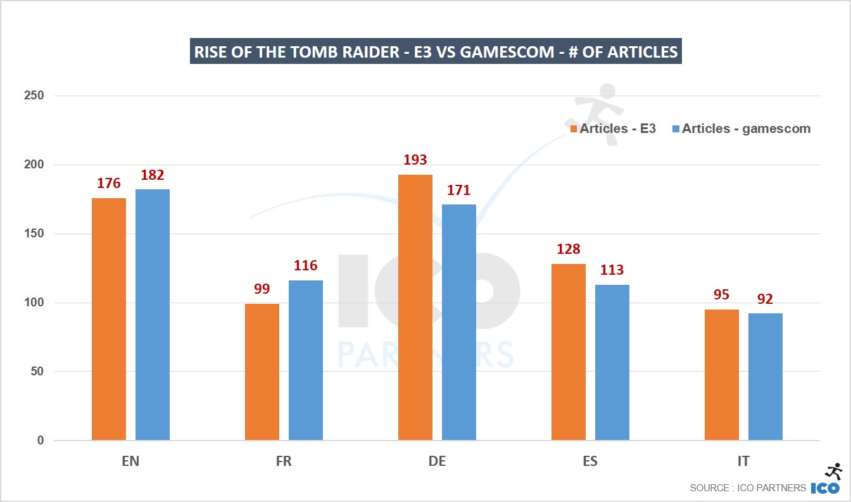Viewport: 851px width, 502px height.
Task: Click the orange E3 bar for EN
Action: click(x=109, y=319)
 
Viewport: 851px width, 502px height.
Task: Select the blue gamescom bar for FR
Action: click(x=306, y=360)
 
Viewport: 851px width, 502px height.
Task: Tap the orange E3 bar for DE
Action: click(x=415, y=307)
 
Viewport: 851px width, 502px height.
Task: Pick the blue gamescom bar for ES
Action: click(x=612, y=362)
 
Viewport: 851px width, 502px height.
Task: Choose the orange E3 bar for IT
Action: click(x=722, y=375)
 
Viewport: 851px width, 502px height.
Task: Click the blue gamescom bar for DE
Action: click(x=459, y=322)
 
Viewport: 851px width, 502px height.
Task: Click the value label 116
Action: click(x=306, y=266)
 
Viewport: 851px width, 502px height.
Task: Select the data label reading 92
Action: click(x=766, y=299)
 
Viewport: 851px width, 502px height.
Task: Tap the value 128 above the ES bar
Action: click(x=569, y=249)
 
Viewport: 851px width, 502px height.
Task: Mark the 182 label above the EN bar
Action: click(x=153, y=175)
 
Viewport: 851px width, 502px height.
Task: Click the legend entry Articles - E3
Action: click(x=613, y=129)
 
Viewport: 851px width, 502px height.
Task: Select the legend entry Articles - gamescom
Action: click(x=741, y=129)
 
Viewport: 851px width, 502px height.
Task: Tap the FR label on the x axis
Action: click(x=284, y=461)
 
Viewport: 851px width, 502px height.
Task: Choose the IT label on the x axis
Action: click(x=743, y=461)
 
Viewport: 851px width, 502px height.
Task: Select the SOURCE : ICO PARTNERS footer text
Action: click(x=748, y=488)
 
